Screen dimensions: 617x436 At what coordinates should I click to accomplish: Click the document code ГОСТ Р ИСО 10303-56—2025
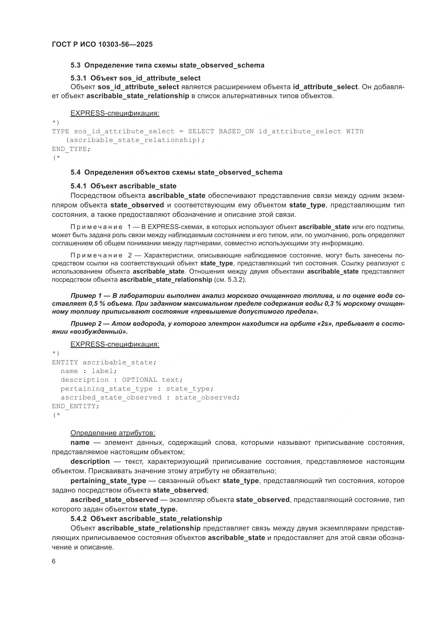click(x=102, y=44)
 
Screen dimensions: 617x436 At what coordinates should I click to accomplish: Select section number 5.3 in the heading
click(x=75, y=65)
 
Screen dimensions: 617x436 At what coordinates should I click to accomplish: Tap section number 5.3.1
click(x=78, y=78)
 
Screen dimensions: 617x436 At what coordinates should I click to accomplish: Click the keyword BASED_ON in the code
click(x=236, y=131)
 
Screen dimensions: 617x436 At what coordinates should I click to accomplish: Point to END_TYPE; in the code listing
click(x=71, y=149)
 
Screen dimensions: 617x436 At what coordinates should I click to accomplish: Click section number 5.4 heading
click(x=75, y=172)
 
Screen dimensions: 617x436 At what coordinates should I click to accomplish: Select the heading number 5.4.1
click(x=78, y=186)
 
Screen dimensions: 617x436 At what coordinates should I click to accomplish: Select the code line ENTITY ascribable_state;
click(x=104, y=362)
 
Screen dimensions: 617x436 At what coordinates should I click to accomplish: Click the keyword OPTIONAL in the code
click(x=140, y=380)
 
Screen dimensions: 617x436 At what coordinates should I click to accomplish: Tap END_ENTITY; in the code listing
click(x=75, y=406)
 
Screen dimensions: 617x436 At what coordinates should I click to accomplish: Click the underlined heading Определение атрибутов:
click(x=113, y=433)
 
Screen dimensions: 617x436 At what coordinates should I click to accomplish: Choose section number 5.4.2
click(x=78, y=519)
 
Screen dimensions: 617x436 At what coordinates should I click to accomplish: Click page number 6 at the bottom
click(x=54, y=561)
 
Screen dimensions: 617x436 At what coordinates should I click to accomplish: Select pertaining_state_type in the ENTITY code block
click(x=106, y=389)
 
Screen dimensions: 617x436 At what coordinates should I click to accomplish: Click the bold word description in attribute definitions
click(x=90, y=462)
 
